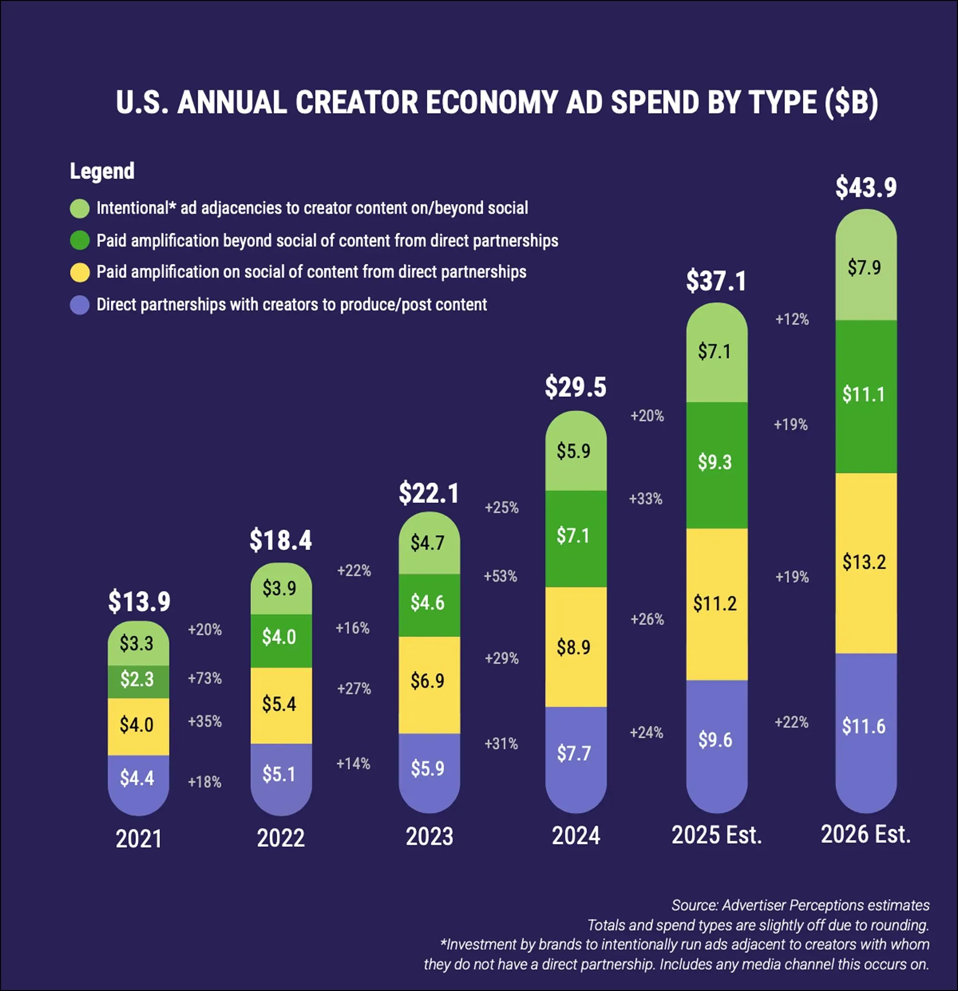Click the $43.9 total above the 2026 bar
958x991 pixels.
866,188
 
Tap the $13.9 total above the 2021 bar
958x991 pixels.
139,601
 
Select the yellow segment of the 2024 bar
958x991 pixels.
576,647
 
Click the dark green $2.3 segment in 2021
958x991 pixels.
138,682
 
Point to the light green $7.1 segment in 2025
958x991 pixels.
717,352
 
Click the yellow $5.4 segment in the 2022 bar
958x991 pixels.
281,705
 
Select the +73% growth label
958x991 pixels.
205,678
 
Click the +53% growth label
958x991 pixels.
500,576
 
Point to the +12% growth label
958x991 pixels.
792,319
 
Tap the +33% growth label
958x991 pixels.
645,498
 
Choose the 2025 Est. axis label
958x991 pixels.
717,835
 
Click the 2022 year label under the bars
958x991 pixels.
281,838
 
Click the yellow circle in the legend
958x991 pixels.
80,272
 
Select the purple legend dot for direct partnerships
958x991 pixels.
80,305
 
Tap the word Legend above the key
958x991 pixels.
102,171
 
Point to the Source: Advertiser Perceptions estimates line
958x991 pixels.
800,905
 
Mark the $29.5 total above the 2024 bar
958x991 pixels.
576,387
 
